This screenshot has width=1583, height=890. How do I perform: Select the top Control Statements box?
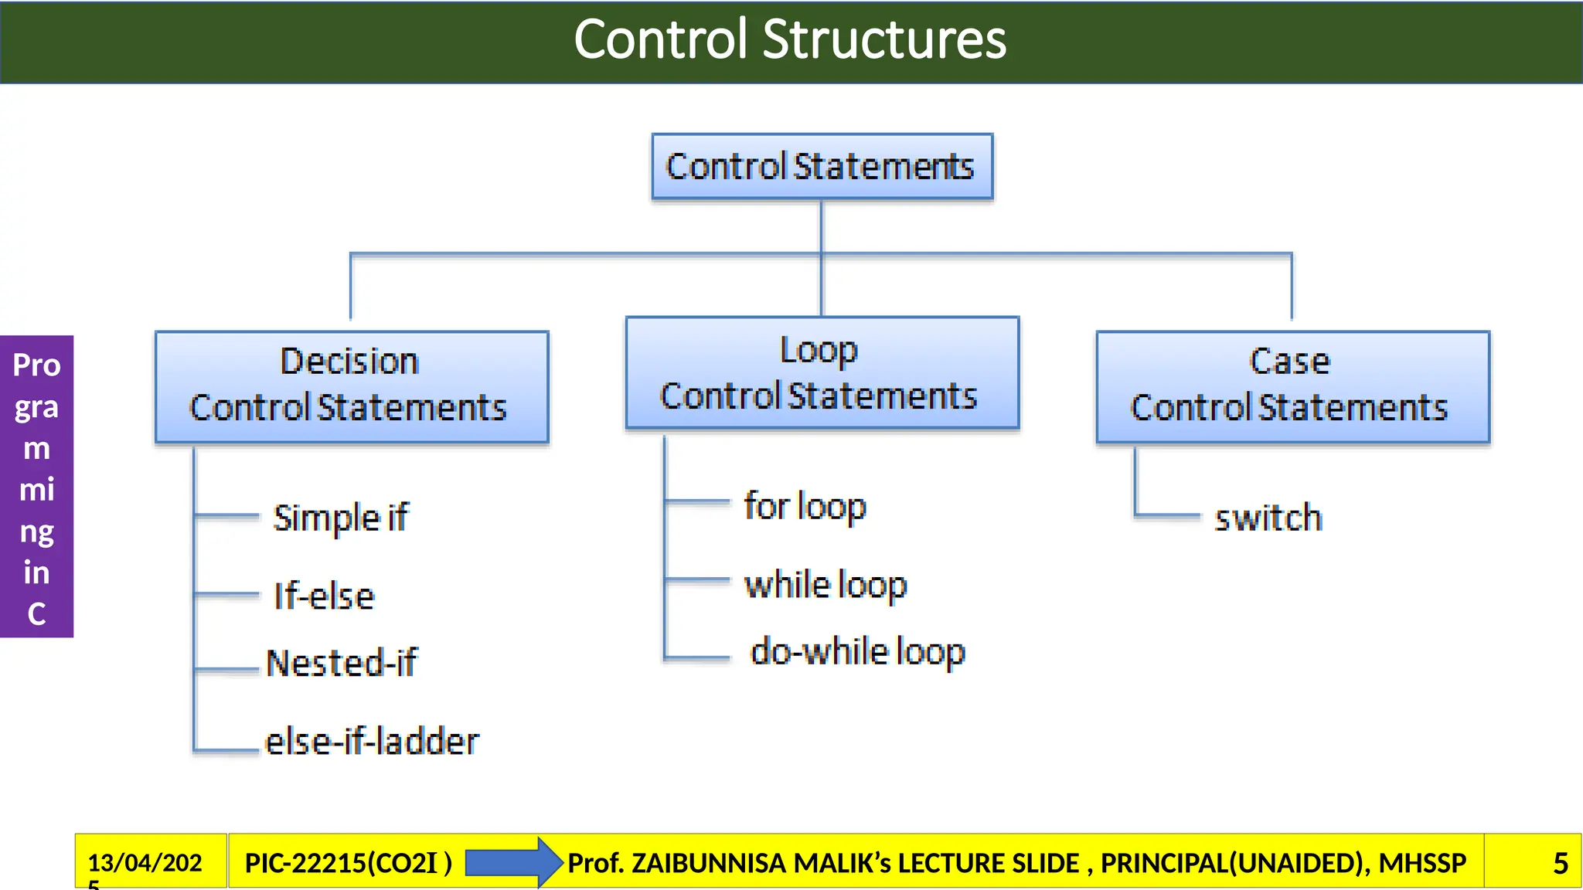[x=822, y=166]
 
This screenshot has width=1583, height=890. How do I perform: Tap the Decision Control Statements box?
[x=352, y=386]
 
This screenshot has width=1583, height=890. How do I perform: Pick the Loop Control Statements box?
[x=822, y=372]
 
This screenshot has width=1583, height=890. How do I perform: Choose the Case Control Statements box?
[x=1292, y=386]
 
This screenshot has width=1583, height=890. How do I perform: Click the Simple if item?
[x=340, y=518]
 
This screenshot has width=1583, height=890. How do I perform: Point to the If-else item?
[x=324, y=596]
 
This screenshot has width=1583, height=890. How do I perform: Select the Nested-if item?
[x=341, y=663]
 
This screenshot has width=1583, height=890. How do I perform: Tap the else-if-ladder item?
[x=372, y=742]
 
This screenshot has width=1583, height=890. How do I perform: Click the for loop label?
[x=805, y=507]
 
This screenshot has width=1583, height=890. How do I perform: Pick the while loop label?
[x=826, y=585]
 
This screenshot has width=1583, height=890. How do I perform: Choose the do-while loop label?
[x=858, y=651]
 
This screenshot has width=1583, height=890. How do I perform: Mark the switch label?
[x=1268, y=518]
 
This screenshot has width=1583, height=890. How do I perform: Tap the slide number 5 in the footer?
[x=1560, y=863]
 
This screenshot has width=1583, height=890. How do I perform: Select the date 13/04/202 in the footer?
[x=145, y=862]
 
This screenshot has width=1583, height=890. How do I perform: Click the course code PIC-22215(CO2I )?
[x=348, y=862]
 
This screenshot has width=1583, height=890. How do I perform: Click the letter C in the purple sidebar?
[x=36, y=614]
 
